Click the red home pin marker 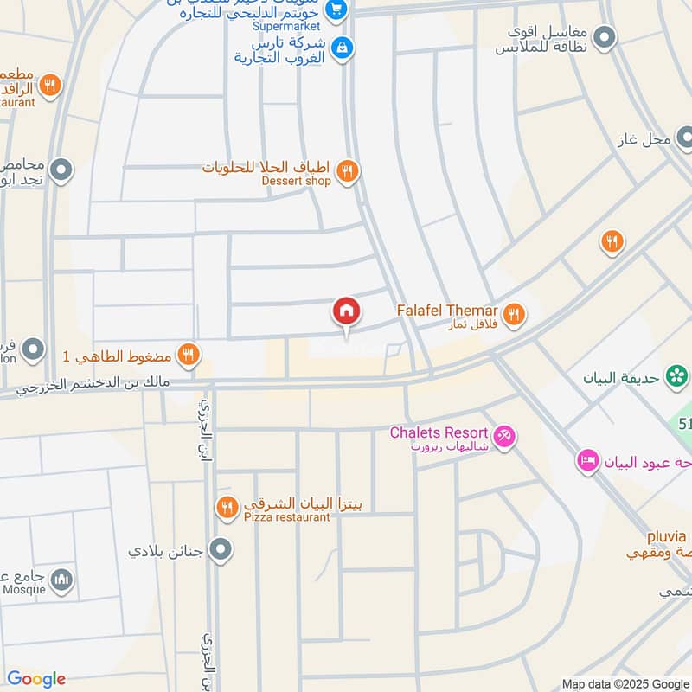pyautogui.click(x=346, y=311)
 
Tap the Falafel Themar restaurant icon pyautogui.click(x=514, y=315)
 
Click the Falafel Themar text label pyautogui.click(x=447, y=310)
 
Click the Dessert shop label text pyautogui.click(x=297, y=181)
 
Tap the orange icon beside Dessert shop pyautogui.click(x=347, y=171)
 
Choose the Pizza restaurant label pyautogui.click(x=286, y=517)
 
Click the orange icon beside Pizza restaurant pyautogui.click(x=227, y=508)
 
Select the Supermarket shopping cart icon pyautogui.click(x=336, y=10)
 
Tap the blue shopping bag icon pyautogui.click(x=343, y=47)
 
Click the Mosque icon pyautogui.click(x=61, y=580)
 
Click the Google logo pyautogui.click(x=36, y=679)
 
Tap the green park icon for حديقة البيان pyautogui.click(x=677, y=376)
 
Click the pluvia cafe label pyautogui.click(x=667, y=536)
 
